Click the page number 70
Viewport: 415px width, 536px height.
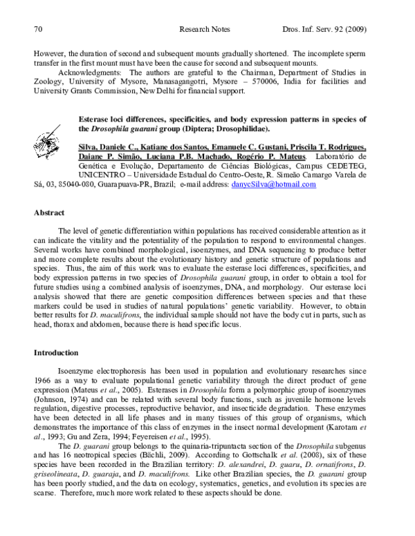pyautogui.click(x=39, y=30)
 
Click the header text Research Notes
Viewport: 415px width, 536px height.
pyautogui.click(x=203, y=30)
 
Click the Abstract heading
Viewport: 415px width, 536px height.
pyautogui.click(x=49, y=213)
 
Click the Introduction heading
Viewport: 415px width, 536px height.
pyautogui.click(x=57, y=353)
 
